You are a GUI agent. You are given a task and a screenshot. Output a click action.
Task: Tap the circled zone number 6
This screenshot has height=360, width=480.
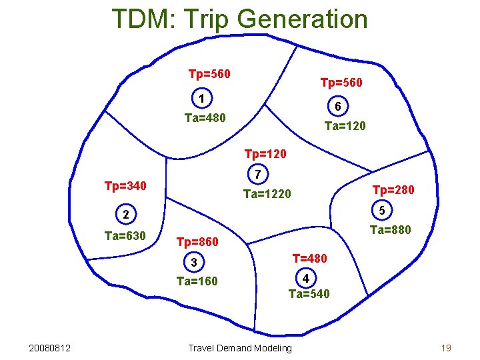click(x=338, y=107)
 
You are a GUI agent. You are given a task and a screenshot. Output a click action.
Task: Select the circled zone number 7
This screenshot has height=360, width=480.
click(x=258, y=174)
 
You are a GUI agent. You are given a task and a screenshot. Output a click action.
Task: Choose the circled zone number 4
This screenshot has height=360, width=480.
click(x=305, y=277)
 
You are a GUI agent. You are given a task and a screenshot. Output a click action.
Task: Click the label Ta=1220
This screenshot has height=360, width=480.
click(x=267, y=194)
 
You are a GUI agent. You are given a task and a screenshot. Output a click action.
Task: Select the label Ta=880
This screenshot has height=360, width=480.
click(x=391, y=231)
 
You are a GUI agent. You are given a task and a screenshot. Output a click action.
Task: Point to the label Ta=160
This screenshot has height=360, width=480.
click(x=197, y=281)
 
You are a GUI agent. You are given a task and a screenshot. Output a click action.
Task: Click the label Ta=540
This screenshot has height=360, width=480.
click(x=309, y=293)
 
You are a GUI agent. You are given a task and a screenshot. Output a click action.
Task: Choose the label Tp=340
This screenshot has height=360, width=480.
click(x=125, y=185)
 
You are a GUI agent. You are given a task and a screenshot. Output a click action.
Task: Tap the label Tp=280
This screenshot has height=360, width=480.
click(x=393, y=190)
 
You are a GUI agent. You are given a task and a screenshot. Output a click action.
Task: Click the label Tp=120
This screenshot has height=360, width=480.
click(x=265, y=155)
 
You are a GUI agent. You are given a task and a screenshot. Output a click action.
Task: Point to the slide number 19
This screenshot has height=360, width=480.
click(x=446, y=348)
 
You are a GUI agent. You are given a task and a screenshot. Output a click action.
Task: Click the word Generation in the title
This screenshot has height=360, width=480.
click(x=302, y=19)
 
